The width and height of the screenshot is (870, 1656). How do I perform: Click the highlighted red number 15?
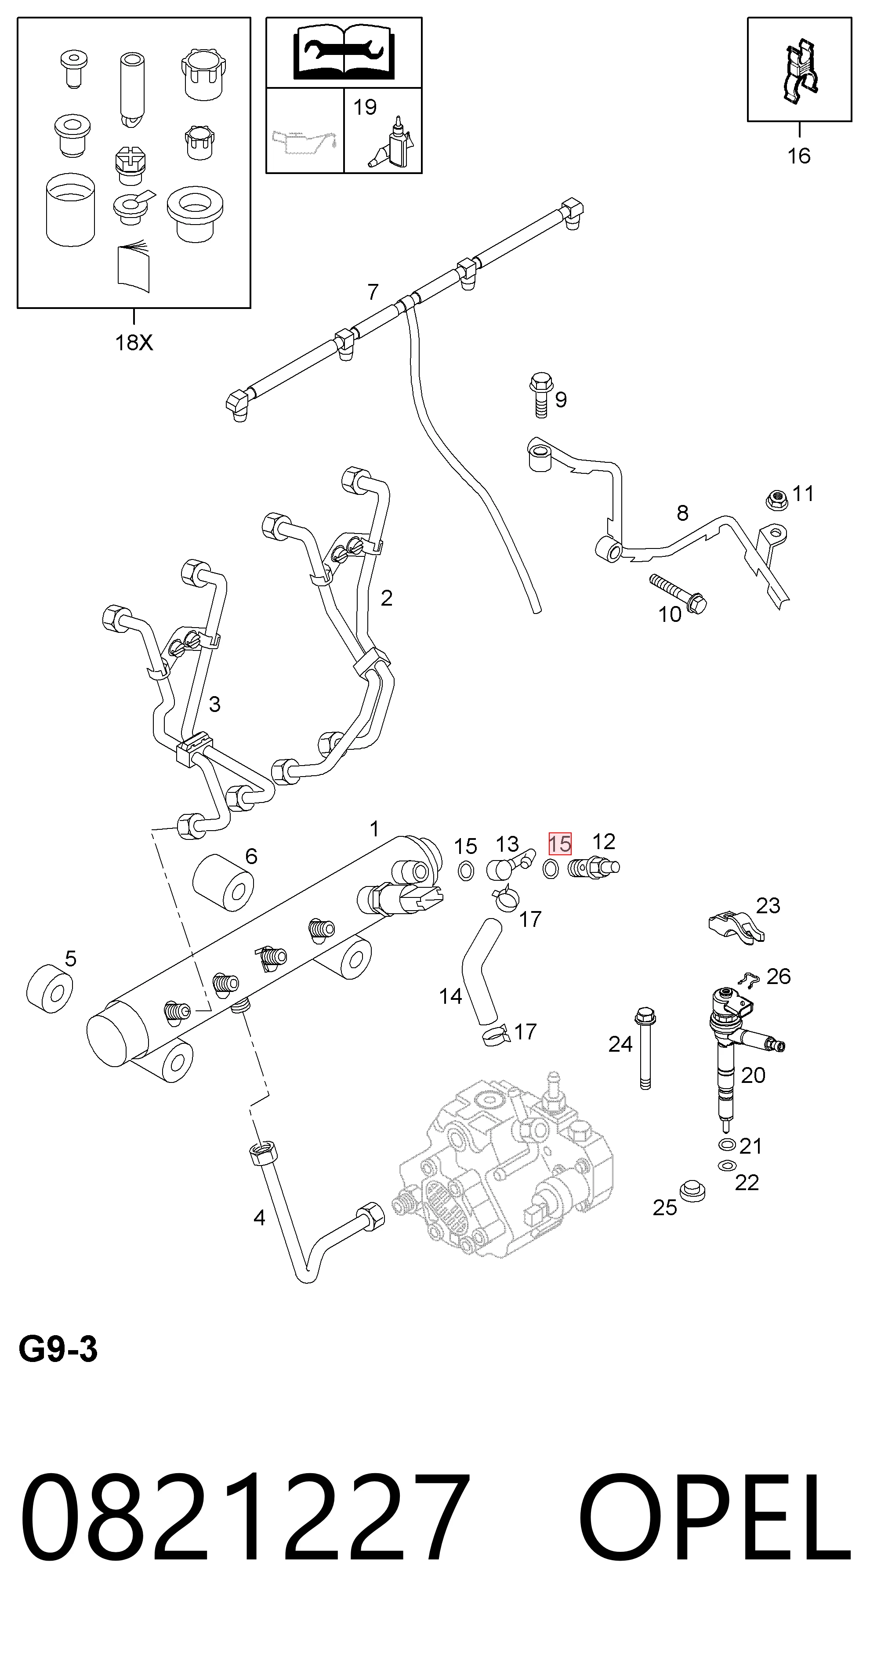point(559,843)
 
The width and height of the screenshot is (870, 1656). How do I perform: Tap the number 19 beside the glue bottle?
point(365,107)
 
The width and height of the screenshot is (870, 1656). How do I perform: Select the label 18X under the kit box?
point(134,343)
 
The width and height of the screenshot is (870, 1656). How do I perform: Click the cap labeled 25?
point(692,1190)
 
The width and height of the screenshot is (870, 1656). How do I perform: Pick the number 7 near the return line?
point(373,292)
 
